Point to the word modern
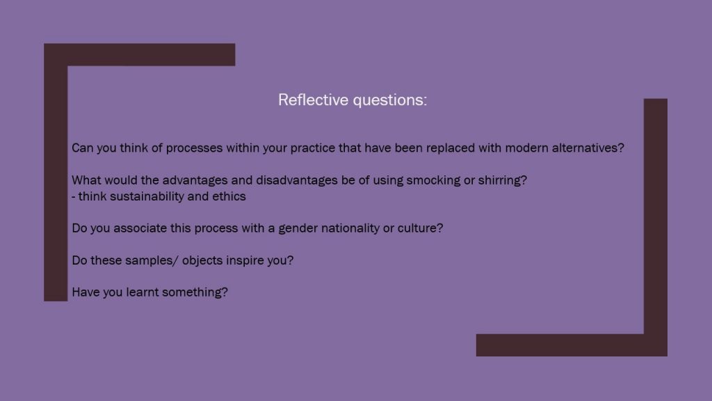point(526,148)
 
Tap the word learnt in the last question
point(142,292)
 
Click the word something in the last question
point(193,292)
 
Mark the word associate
point(140,228)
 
